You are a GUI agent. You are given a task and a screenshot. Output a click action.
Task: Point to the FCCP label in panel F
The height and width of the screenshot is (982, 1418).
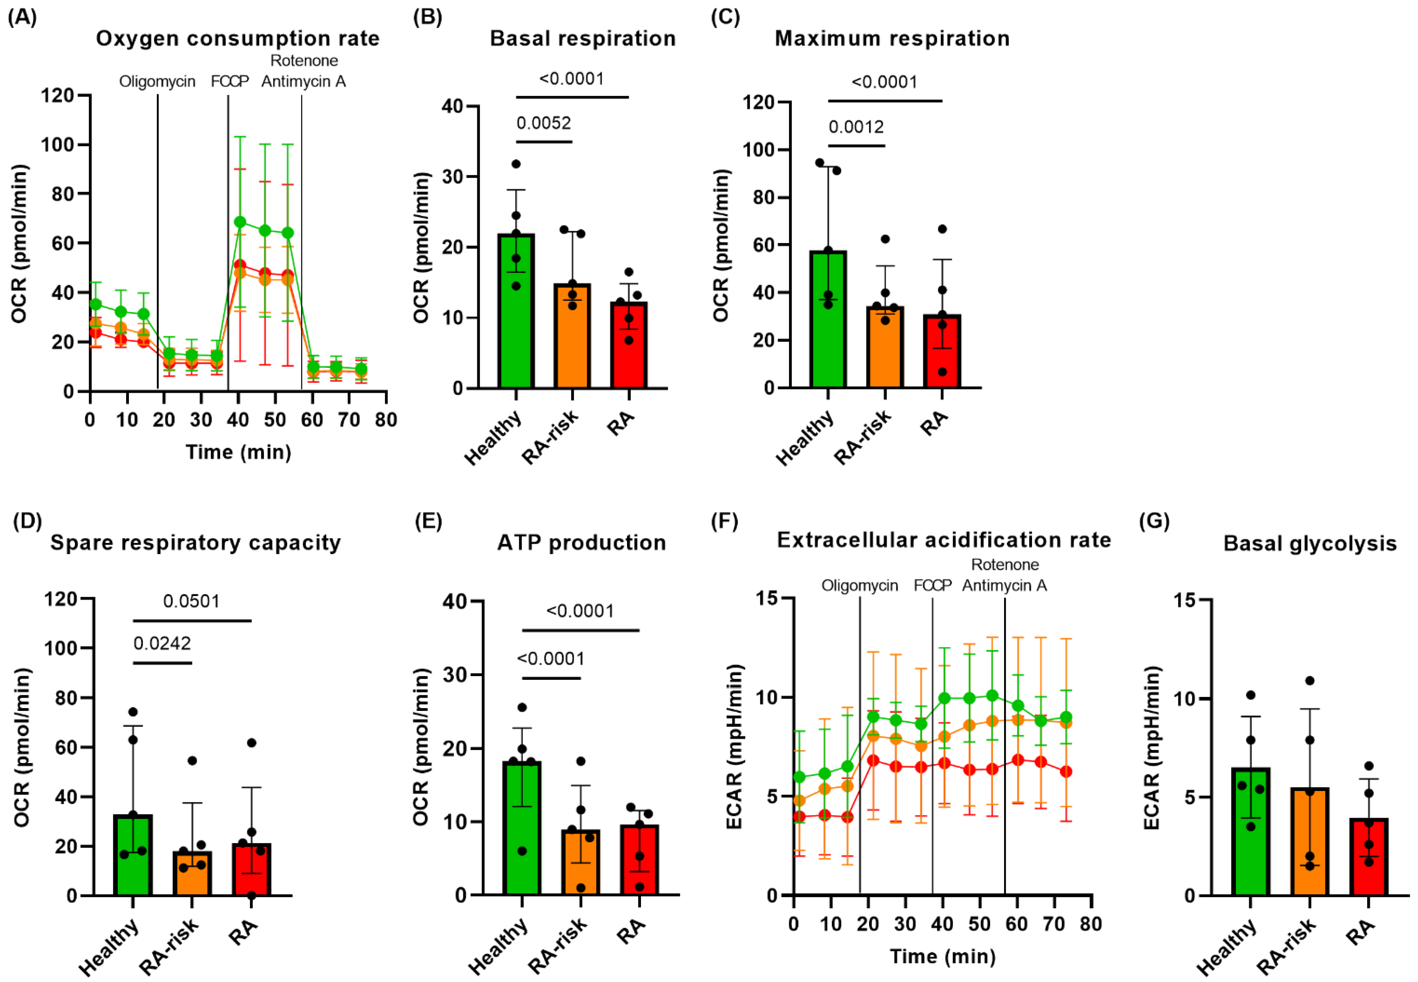[x=932, y=585]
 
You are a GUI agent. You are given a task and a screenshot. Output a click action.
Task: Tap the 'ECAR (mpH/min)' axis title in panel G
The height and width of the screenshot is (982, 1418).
[x=1151, y=747]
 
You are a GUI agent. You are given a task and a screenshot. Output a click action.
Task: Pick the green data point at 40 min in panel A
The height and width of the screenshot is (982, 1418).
[x=240, y=222]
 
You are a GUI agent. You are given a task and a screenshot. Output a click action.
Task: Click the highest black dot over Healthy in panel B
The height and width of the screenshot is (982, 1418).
[x=516, y=164]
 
